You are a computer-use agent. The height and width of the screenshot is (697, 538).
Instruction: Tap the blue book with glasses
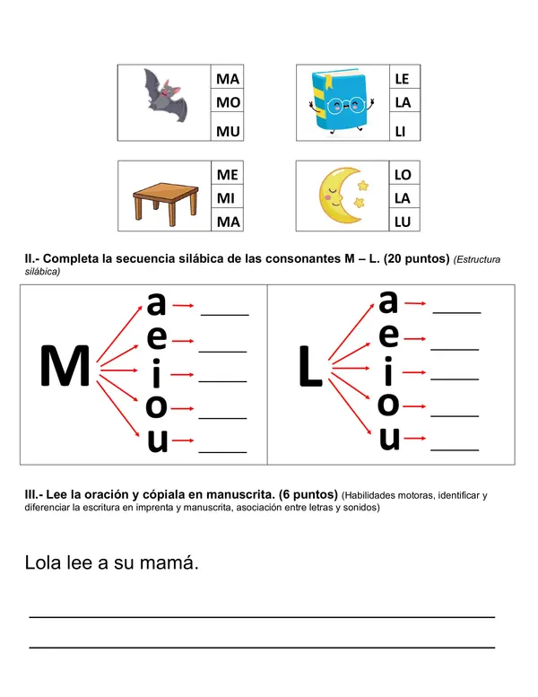pyautogui.click(x=342, y=101)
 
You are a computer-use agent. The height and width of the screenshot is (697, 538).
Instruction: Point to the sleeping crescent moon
pyautogui.click(x=342, y=196)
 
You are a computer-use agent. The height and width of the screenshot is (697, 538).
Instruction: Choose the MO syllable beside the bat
pyautogui.click(x=228, y=102)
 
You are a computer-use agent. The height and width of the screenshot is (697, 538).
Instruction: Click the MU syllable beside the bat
pyautogui.click(x=228, y=131)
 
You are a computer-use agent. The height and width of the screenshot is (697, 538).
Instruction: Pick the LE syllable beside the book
pyautogui.click(x=402, y=79)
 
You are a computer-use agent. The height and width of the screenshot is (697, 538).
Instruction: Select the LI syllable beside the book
pyautogui.click(x=401, y=131)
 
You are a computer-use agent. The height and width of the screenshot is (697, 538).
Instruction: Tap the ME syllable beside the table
pyautogui.click(x=228, y=175)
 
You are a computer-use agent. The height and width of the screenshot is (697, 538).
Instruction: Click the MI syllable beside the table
pyautogui.click(x=225, y=197)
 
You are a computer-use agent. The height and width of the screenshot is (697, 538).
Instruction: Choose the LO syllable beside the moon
pyautogui.click(x=403, y=175)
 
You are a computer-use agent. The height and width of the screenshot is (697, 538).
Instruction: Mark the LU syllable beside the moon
pyautogui.click(x=403, y=222)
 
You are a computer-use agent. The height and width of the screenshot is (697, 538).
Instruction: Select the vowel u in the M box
pyautogui.click(x=157, y=441)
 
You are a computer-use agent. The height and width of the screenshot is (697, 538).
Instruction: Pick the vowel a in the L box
pyautogui.click(x=388, y=301)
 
